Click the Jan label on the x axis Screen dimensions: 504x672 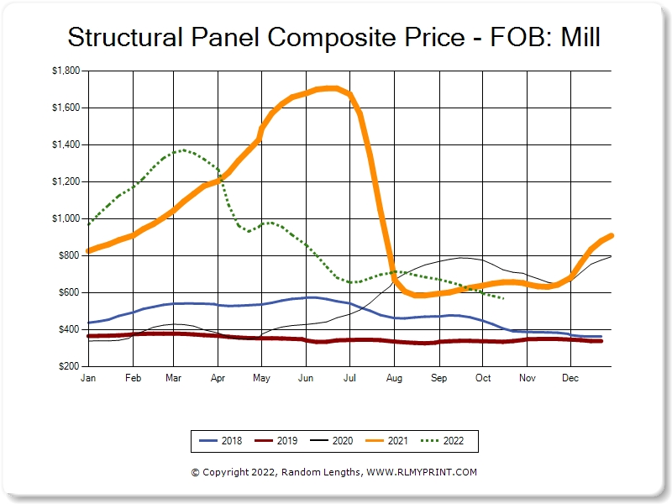pyautogui.click(x=87, y=379)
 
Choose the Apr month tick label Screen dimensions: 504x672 pyautogui.click(x=218, y=379)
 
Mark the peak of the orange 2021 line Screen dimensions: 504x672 pyautogui.click(x=328, y=87)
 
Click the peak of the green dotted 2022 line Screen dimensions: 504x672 pyautogui.click(x=183, y=150)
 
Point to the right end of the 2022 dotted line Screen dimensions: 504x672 pyautogui.click(x=502, y=298)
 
